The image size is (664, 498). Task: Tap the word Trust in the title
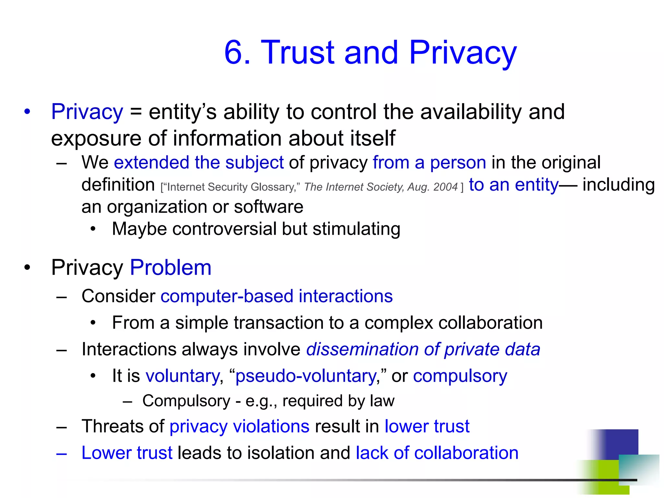[x=298, y=53]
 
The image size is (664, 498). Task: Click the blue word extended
[x=151, y=162]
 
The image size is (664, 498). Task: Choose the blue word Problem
[x=171, y=268]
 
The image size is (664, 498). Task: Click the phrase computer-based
[x=227, y=296]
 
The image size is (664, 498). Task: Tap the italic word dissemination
[x=362, y=350]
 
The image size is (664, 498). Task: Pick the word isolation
[x=281, y=453]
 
